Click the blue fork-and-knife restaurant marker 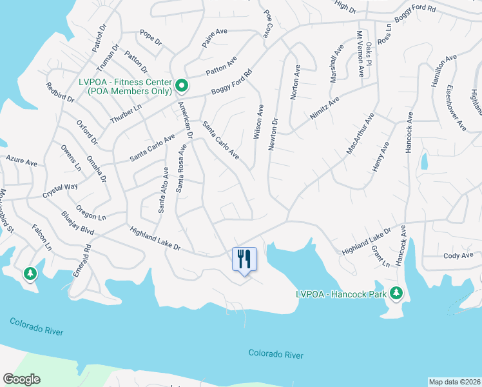click(244, 259)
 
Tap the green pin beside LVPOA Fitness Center click(182, 85)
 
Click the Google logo click(22, 379)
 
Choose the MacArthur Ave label click(360, 134)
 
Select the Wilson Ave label click(259, 121)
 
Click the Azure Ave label click(21, 160)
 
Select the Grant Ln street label click(380, 257)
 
